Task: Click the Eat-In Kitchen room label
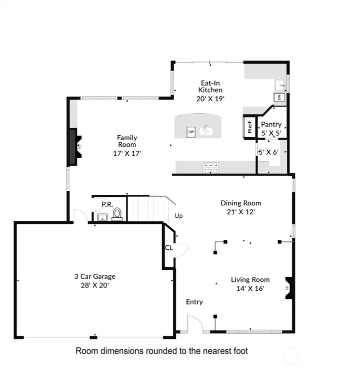[x=210, y=86]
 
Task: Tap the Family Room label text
[x=127, y=141]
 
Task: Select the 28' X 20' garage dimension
[x=94, y=285]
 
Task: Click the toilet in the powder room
[x=117, y=214]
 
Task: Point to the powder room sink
[x=102, y=217]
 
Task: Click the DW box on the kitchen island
[x=191, y=132]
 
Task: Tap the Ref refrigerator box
[x=249, y=127]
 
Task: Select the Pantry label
[x=271, y=124]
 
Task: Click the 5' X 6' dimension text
[x=268, y=152]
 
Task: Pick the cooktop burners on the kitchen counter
[x=210, y=167]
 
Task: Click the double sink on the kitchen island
[x=206, y=131]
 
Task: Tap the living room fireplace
[x=289, y=288]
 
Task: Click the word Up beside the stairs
[x=178, y=216]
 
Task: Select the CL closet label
[x=169, y=248]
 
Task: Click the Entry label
[x=194, y=302]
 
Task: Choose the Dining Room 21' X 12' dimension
[x=241, y=212]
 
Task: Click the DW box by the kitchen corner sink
[x=279, y=97]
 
